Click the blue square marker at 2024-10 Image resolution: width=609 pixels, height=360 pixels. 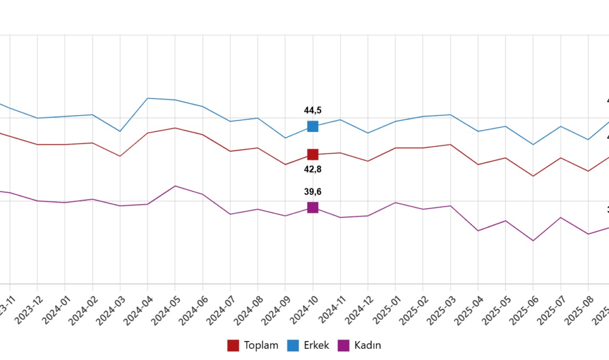(313, 126)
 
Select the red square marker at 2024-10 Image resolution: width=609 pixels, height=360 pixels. (313, 154)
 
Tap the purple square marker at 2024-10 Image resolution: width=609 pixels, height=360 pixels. (313, 207)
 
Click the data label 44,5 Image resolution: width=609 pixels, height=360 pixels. (313, 110)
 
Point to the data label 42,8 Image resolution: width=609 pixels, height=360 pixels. (313, 169)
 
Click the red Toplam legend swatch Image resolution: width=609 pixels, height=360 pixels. (233, 346)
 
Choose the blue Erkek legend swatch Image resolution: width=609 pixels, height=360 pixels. (293, 346)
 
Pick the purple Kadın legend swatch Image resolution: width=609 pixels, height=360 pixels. (343, 346)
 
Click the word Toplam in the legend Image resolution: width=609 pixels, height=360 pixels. (260, 346)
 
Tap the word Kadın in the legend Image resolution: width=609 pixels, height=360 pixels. (368, 346)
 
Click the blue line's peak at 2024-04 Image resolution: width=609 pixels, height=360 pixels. (148, 98)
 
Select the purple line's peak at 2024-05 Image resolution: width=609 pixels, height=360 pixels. (175, 186)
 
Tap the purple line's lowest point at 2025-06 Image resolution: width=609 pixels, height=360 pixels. (533, 240)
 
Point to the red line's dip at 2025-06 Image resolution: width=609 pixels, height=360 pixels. (533, 176)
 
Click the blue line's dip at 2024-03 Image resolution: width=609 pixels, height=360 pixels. (120, 131)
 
